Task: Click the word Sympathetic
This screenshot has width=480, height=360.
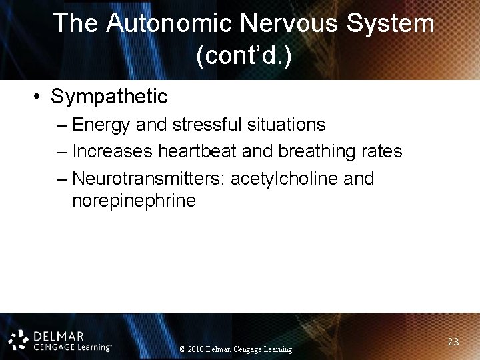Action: point(109,97)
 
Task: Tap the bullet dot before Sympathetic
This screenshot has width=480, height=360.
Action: point(39,97)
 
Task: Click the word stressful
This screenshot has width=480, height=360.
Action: point(207,125)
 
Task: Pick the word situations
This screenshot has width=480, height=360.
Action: point(285,125)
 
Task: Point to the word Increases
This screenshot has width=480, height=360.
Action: point(113,152)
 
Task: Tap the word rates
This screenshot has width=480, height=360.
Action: point(383,152)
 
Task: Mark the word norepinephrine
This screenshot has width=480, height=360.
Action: point(134,201)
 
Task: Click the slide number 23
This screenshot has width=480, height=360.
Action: point(453,342)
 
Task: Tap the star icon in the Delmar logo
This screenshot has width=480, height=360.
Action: point(19,338)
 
